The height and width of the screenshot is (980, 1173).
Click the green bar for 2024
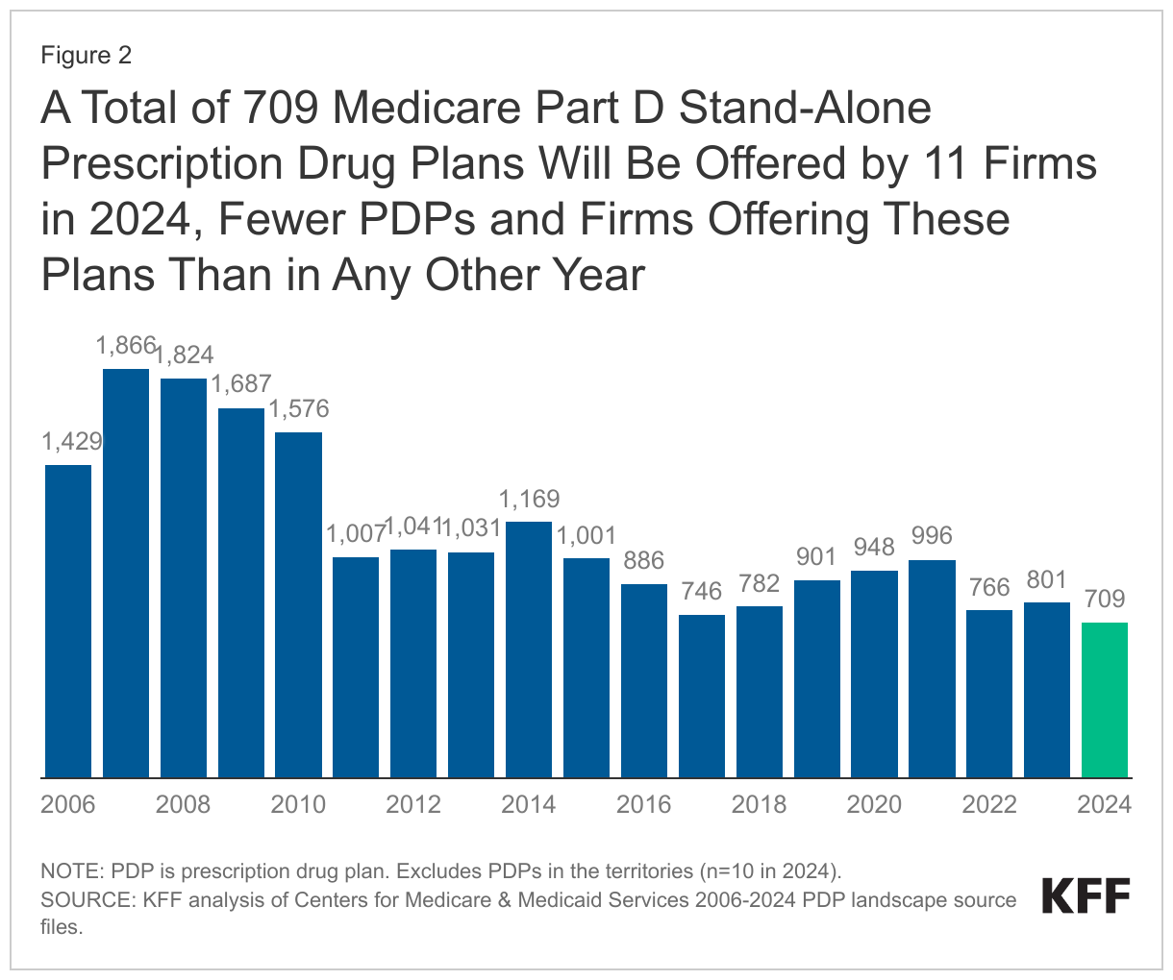(1105, 699)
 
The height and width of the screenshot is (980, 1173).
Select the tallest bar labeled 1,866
(126, 573)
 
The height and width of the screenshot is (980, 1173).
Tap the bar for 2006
(68, 621)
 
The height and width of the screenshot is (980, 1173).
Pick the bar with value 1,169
(529, 649)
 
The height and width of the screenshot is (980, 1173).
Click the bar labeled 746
(702, 696)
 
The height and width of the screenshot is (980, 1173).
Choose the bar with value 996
(932, 669)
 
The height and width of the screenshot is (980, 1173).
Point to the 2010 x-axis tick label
(298, 804)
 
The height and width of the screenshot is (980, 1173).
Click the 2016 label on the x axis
(643, 804)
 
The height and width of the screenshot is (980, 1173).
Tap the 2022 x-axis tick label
(989, 804)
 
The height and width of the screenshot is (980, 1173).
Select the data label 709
(1105, 600)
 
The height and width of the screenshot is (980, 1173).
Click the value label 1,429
(70, 442)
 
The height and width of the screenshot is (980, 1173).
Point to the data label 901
(817, 557)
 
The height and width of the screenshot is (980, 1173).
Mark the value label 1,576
(298, 409)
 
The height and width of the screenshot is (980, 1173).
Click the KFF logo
(1086, 896)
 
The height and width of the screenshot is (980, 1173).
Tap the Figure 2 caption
(86, 56)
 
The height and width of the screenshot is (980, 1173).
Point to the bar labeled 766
(989, 694)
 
